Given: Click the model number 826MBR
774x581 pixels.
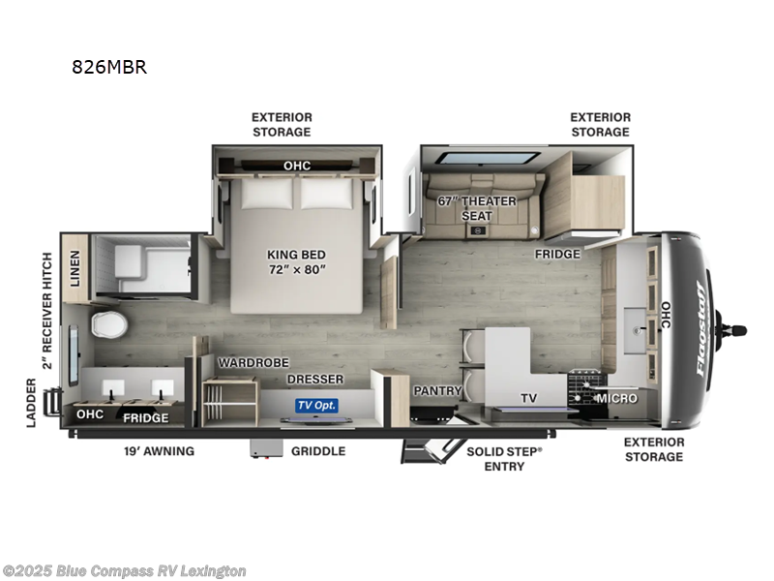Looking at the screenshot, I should (108, 68).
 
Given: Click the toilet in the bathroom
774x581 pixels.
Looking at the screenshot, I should (108, 324).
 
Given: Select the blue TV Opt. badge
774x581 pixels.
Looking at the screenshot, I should (316, 405).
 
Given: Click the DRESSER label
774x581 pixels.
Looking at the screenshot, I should (315, 380).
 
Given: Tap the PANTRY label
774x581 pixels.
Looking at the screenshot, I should (435, 390).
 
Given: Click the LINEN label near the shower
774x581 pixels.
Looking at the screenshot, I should (75, 268).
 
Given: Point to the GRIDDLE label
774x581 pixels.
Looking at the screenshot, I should (318, 451).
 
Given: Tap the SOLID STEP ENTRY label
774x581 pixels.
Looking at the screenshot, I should (504, 459).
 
